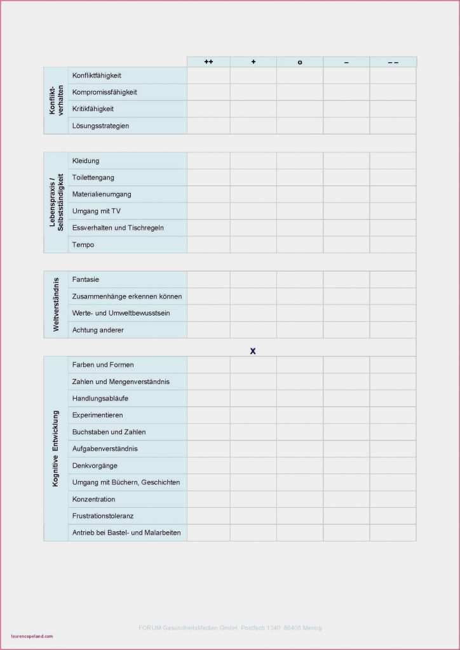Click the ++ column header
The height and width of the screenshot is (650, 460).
[208, 62]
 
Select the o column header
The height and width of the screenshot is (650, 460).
[300, 62]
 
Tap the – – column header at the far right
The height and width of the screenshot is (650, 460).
[393, 62]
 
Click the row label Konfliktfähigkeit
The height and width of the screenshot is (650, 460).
[97, 76]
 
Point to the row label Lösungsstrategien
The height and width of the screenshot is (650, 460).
[100, 126]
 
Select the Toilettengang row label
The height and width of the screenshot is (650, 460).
[93, 178]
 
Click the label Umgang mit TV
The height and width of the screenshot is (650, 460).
[97, 211]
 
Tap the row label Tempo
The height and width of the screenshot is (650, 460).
[83, 244]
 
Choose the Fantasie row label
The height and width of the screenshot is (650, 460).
[86, 279]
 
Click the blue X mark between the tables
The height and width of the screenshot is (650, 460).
[253, 350]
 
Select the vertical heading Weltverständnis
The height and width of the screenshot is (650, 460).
[56, 304]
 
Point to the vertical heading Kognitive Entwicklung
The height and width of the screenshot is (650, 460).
[55, 449]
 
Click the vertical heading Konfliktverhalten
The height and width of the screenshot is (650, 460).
[56, 100]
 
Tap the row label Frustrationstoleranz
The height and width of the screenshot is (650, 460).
[103, 516]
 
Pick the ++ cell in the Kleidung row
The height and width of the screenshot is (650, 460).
[208, 161]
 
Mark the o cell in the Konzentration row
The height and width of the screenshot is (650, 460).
[300, 499]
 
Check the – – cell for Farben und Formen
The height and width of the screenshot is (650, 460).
[393, 365]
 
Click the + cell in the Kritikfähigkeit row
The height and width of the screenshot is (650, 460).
[254, 109]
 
